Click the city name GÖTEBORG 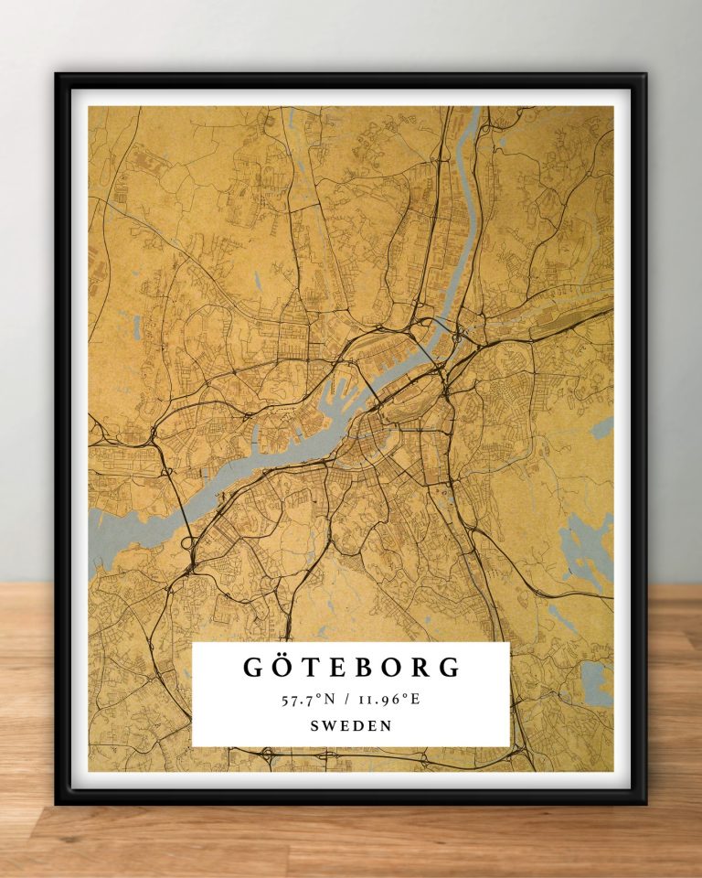tap(352, 667)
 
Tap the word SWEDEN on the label tap(352, 725)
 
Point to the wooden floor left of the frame tap(27, 713)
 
